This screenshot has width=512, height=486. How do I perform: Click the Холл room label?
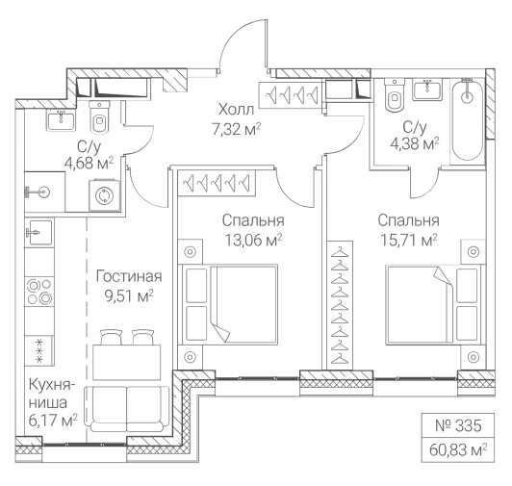pos(236,110)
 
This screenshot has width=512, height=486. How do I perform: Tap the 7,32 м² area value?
pos(237,129)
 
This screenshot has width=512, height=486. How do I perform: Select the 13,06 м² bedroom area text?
pos(253,241)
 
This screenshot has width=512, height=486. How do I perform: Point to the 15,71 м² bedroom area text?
pos(409,241)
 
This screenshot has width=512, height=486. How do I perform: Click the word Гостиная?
pos(129,276)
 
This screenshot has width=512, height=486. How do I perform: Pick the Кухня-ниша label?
pos(50,394)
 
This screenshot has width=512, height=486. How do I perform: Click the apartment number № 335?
pos(458,425)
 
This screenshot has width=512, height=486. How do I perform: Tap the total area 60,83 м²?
pos(458,450)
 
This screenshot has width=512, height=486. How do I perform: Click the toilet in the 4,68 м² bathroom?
pos(99,117)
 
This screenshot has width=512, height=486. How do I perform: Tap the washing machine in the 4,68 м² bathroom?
pos(105,195)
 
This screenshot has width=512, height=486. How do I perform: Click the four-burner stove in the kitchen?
pos(39,292)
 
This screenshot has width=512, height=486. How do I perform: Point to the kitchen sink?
pos(39,233)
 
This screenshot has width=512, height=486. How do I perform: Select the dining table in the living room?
pos(127,362)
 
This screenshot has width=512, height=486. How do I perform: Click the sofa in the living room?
pos(126,409)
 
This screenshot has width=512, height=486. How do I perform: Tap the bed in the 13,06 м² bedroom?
pos(230,304)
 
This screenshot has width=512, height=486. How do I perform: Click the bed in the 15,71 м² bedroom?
pos(434,304)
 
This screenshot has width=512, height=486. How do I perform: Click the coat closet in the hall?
pos(292,94)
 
